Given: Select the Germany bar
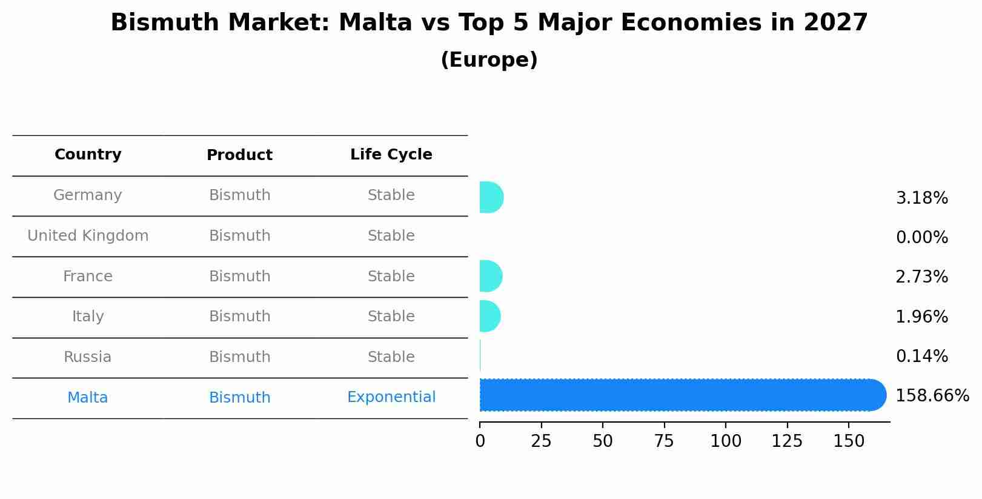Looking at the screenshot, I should pos(491,198).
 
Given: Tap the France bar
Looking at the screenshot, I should pos(490,276).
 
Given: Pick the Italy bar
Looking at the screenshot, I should pos(489,316).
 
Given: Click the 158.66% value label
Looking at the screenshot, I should pos(932,396).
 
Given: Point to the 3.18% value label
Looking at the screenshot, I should pos(921,198).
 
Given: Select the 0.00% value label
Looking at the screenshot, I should pos(921,238).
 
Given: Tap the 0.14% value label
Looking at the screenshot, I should pos(921,357).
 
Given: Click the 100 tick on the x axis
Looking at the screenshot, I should pos(726,441).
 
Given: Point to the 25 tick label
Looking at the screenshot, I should pos(541,441).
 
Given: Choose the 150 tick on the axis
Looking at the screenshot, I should pos(849,441).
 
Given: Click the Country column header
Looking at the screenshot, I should pos(88,155).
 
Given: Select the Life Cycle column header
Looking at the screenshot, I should pos(391,155).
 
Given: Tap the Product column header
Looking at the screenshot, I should pos(239,155).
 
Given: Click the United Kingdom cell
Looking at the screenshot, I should pos(88,236).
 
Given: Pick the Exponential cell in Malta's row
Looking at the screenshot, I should pos(391,397).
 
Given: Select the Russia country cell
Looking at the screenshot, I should pos(88,357).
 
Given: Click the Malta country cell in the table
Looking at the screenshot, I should pos(88,398).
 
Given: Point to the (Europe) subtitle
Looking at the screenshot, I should pos(489,60).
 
